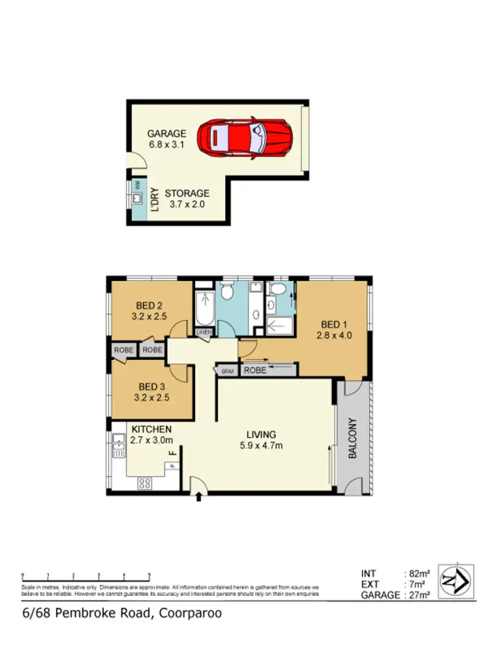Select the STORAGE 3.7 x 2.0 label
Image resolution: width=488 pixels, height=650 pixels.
coord(187,198)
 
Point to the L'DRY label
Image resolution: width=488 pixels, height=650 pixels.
coord(156,200)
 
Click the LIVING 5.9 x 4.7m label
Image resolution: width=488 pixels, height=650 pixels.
coord(261,440)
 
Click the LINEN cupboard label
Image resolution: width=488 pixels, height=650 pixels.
coord(204,333)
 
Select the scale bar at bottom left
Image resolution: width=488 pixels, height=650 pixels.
coord(86,575)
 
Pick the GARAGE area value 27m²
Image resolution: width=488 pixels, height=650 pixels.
coord(420,594)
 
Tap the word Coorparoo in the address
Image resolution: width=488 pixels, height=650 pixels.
coord(187,613)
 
